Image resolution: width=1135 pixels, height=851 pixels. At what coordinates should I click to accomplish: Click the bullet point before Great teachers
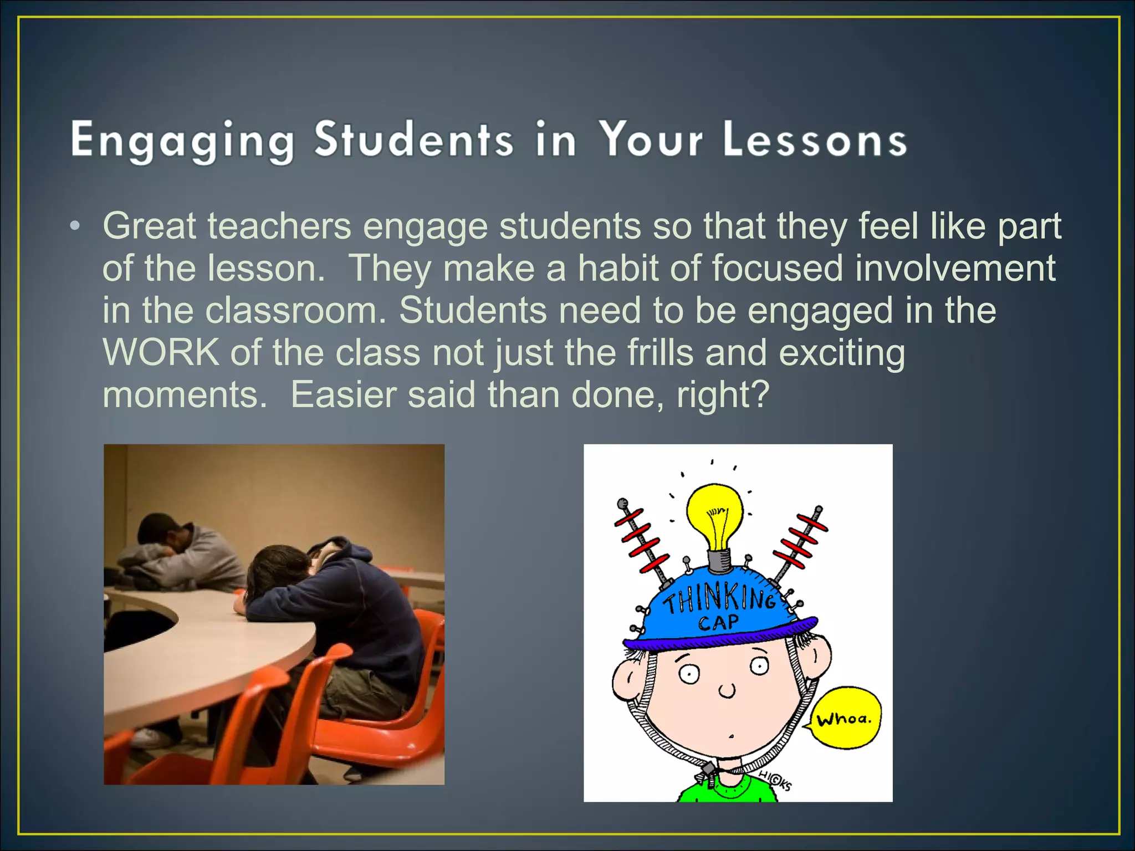point(75,227)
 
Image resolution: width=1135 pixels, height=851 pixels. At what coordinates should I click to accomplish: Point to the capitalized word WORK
point(161,352)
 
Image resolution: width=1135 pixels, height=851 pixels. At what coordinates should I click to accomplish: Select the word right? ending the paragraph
point(723,394)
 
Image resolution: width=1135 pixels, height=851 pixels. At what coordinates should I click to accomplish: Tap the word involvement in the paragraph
point(955,268)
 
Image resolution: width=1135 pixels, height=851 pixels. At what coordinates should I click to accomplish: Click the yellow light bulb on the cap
point(715,515)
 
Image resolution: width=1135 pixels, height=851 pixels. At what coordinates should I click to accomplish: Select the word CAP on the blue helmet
point(718,623)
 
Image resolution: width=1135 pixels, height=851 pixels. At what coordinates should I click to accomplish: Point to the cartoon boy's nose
point(727,691)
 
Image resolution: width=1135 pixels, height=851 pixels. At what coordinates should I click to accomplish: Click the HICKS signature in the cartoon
point(776,782)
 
